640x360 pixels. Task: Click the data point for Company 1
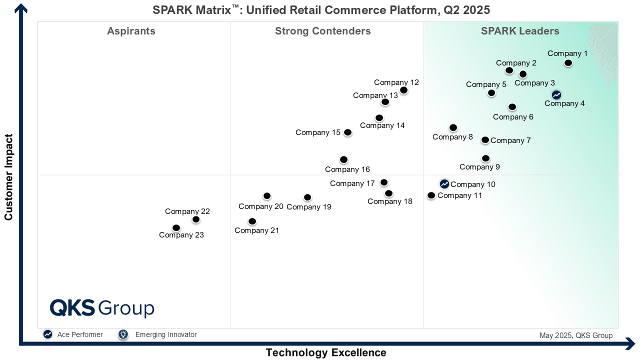pos(568,62)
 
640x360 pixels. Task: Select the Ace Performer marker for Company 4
pos(556,95)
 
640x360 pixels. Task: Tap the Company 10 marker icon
pos(444,184)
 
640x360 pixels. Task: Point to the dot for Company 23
pos(176,228)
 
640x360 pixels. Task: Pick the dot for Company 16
pos(343,159)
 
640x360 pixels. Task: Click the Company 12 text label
pos(396,82)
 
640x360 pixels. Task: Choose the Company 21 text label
pos(256,230)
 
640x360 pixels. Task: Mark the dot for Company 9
pos(485,158)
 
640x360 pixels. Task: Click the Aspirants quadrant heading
pos(131,31)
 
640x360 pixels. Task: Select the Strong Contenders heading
pos(323,31)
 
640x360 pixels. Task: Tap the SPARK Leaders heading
pos(520,31)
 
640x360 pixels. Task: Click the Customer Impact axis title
pos(8,177)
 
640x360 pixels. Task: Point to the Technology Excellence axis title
pos(326,352)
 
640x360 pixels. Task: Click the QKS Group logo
pos(102,308)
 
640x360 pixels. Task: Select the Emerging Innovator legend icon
pos(123,334)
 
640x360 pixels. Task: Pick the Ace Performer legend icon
pos(47,334)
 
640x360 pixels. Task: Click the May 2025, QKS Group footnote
pos(575,335)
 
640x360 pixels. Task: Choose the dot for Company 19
pos(307,197)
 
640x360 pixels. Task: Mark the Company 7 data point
pos(485,140)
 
